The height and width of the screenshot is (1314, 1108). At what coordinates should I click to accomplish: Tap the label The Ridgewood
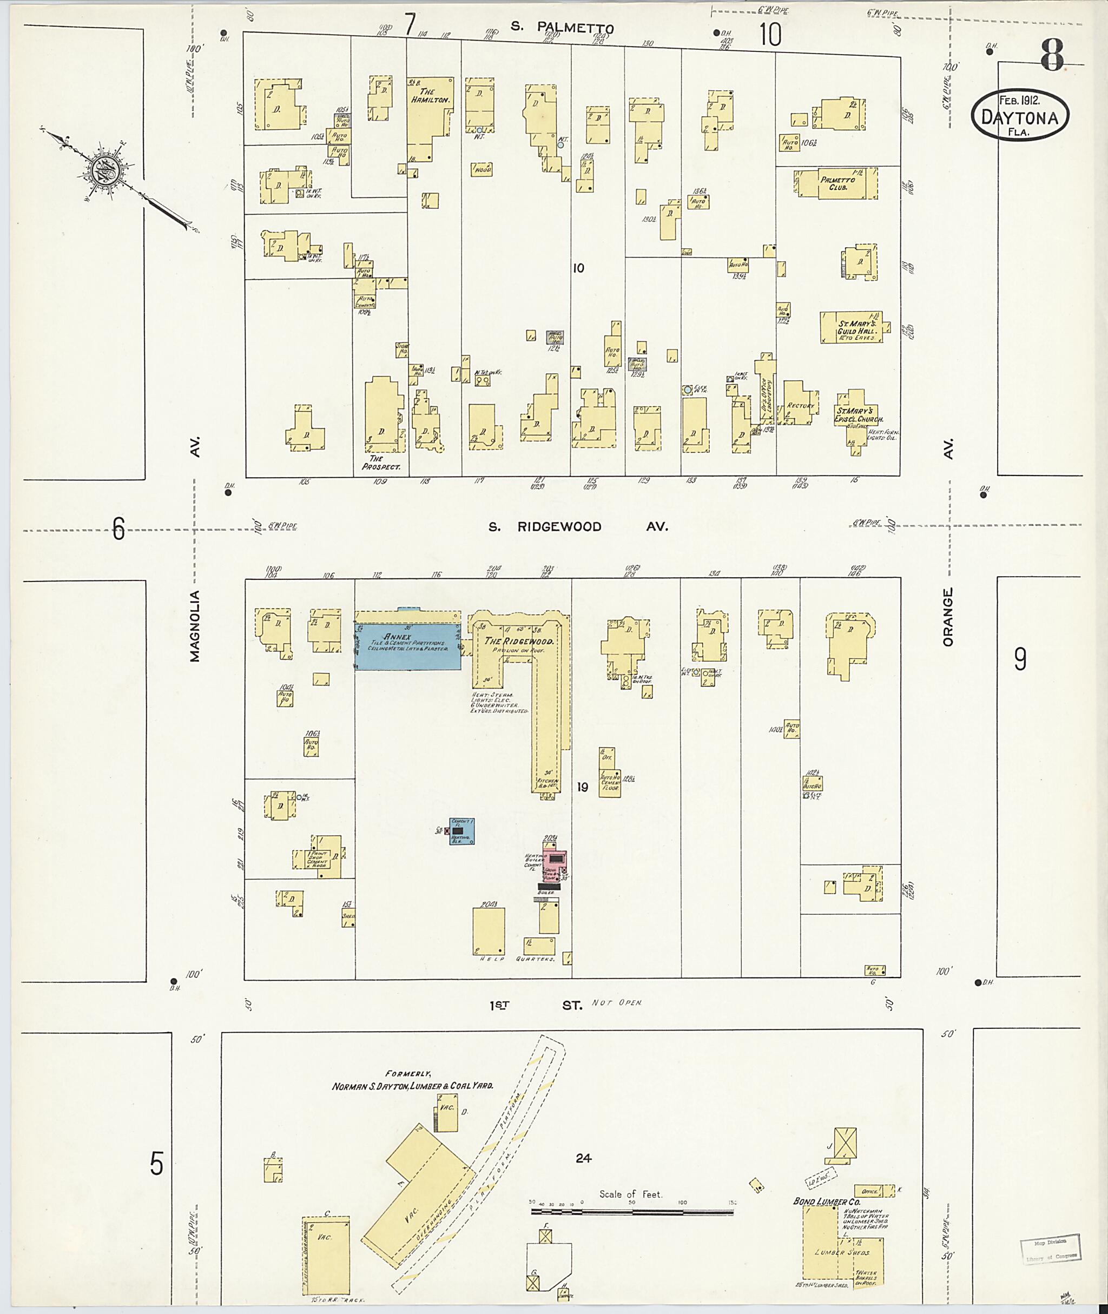tap(519, 641)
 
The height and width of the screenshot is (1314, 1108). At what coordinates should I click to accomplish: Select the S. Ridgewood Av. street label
tap(578, 527)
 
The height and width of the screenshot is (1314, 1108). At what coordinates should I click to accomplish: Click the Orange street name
tap(948, 617)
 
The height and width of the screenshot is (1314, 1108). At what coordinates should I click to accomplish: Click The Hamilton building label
tap(430, 95)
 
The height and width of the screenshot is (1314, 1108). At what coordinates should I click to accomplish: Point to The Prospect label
tap(381, 463)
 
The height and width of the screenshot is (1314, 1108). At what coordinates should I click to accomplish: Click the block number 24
tap(583, 1158)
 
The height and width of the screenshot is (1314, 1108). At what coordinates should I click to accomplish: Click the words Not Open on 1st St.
tap(617, 1003)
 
